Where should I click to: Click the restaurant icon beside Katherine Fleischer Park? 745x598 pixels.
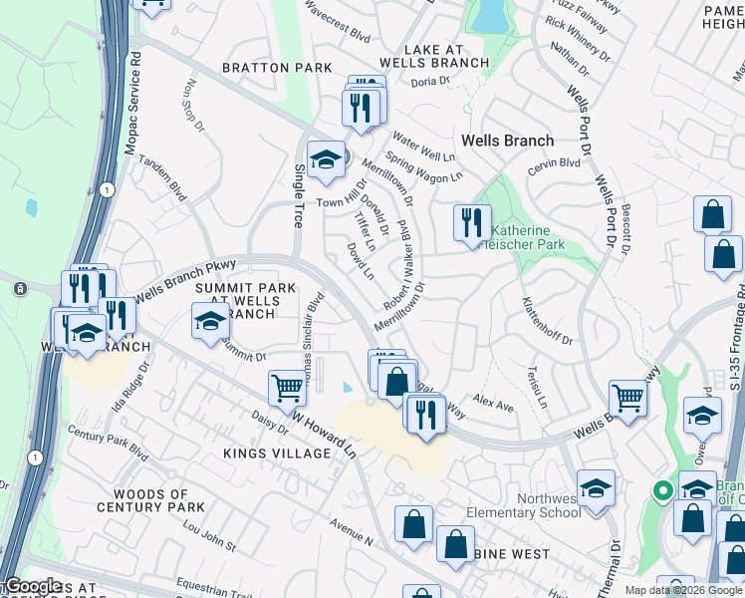pyautogui.click(x=472, y=222)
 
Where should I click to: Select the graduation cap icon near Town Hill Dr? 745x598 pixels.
pyautogui.click(x=326, y=159)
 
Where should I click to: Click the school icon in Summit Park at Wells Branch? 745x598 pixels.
pyautogui.click(x=210, y=322)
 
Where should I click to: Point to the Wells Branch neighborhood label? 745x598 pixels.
pyautogui.click(x=507, y=141)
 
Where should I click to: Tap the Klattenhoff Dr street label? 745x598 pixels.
pyautogui.click(x=548, y=323)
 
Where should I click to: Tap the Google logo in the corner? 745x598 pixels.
pyautogui.click(x=32, y=586)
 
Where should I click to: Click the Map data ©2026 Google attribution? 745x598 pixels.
pyautogui.click(x=684, y=590)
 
